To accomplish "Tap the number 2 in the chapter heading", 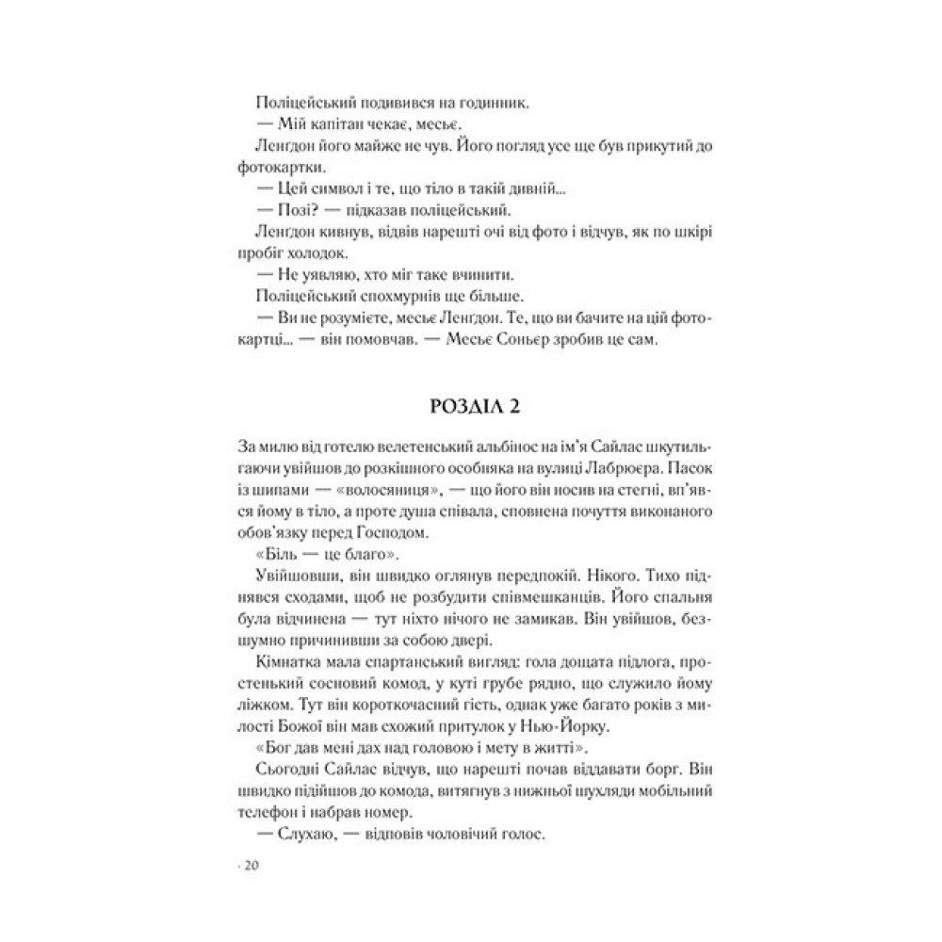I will pos(506,409).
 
